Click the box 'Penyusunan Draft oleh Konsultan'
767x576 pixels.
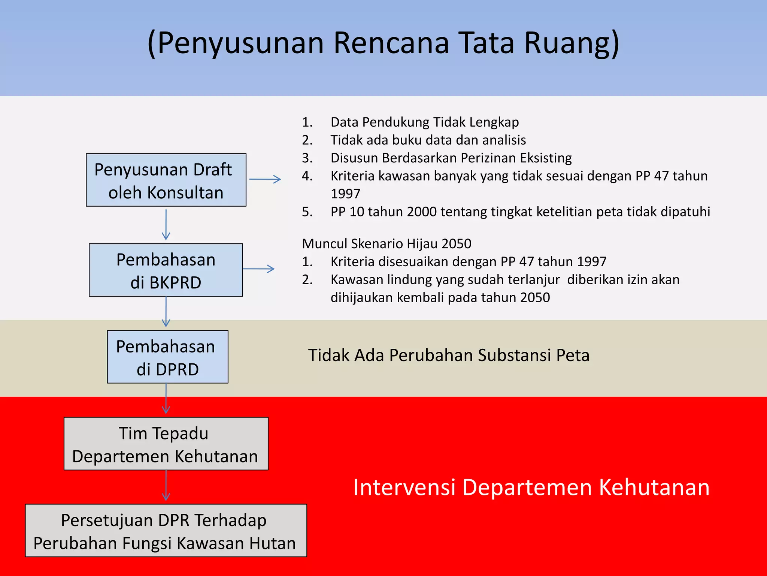166,180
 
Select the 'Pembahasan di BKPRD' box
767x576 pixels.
166,270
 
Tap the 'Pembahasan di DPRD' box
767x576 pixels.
167,357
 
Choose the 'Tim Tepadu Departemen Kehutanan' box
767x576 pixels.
166,444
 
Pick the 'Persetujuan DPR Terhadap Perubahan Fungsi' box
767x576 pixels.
166,531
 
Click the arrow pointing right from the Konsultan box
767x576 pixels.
265,179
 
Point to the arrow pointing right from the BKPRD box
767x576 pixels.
259,269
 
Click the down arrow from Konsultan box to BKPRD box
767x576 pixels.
166,225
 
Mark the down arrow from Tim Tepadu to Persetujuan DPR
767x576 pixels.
166,486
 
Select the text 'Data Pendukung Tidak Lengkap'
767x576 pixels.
425,122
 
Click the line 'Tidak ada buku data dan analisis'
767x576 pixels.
428,140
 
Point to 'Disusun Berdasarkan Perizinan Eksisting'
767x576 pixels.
451,158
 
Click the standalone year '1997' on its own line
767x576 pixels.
345,194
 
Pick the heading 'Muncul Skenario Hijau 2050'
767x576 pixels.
386,244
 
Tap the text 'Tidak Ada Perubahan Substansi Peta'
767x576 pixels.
449,355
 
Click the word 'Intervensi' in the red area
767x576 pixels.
404,487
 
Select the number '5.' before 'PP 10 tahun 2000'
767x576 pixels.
307,212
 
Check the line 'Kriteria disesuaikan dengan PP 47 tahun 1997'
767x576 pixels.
468,262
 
